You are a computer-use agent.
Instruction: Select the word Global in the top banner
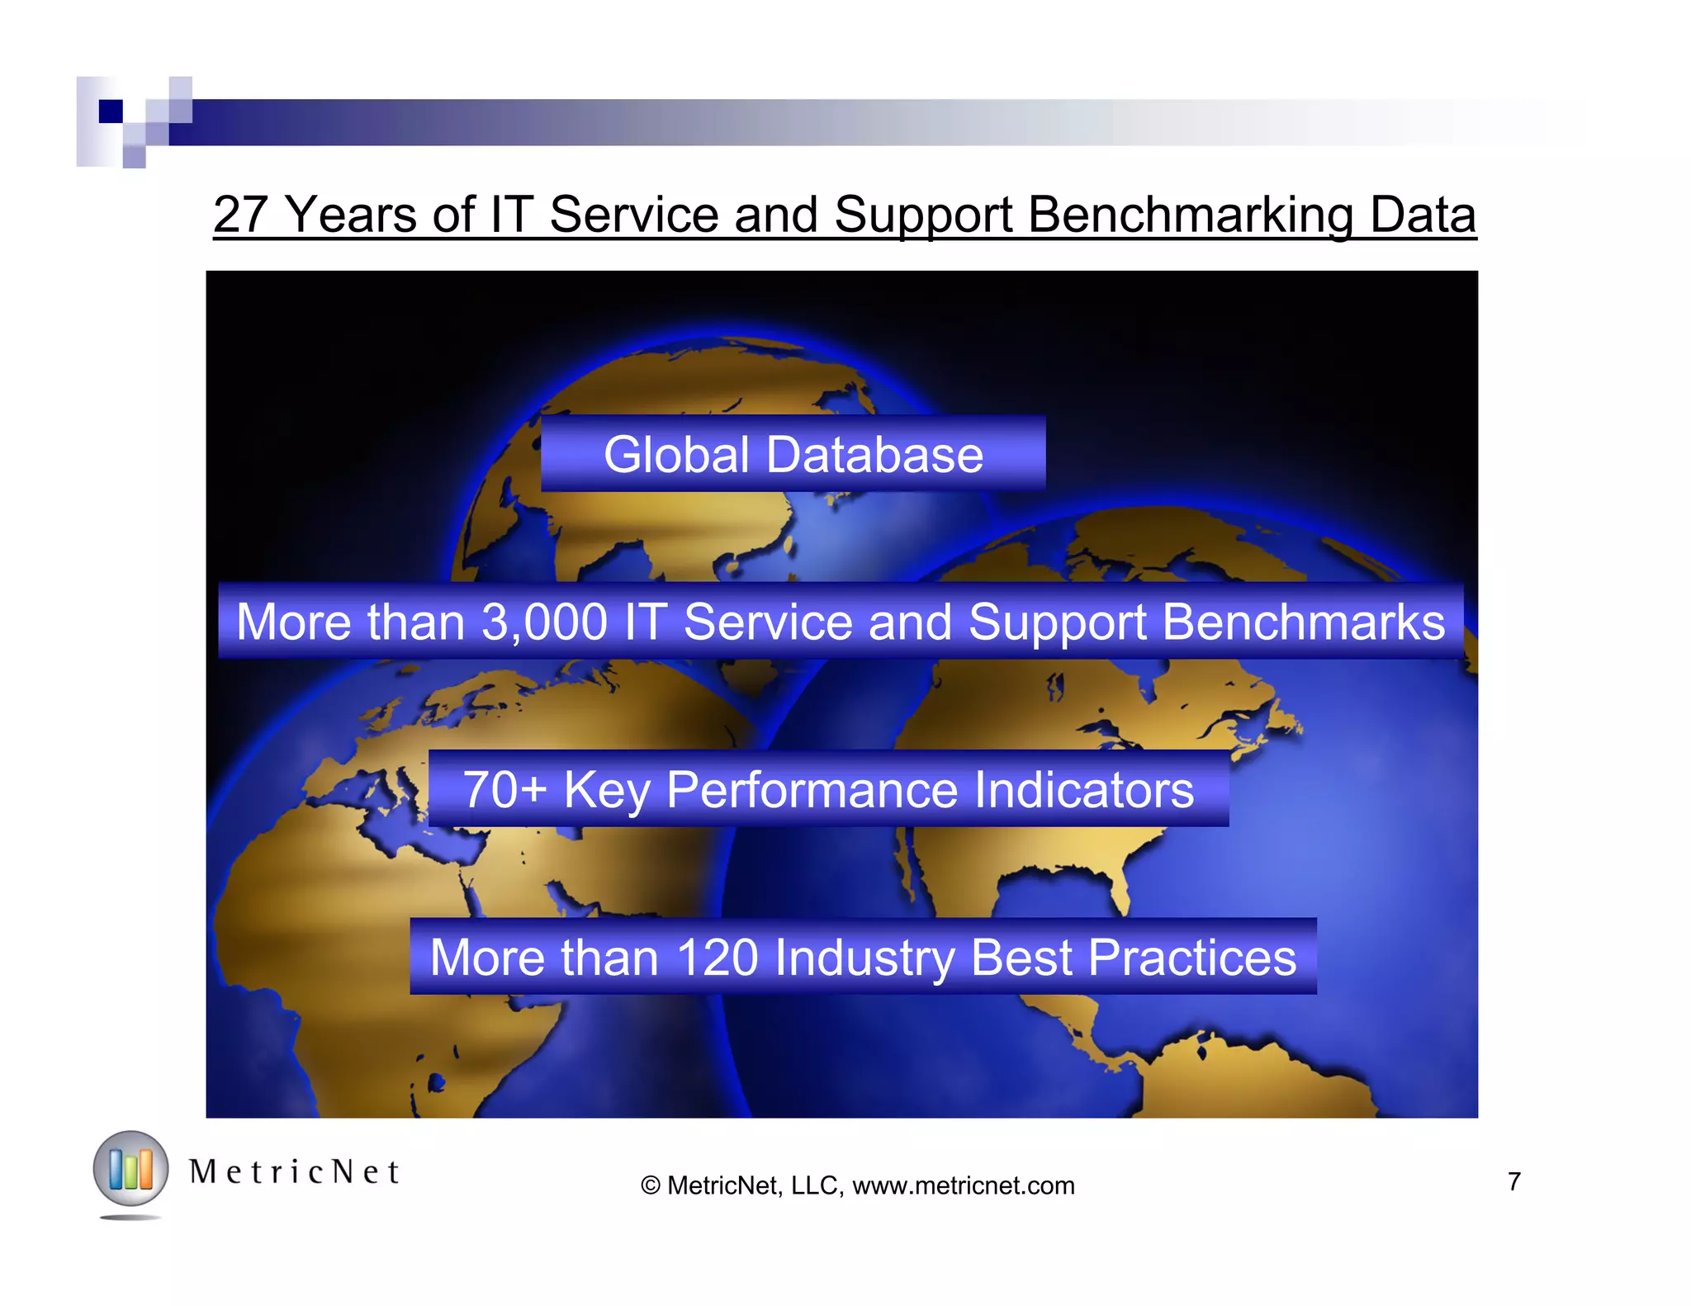(x=676, y=455)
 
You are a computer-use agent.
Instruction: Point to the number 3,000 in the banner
(x=545, y=622)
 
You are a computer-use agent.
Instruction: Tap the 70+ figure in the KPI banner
(x=504, y=789)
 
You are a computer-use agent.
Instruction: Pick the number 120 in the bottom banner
(x=717, y=958)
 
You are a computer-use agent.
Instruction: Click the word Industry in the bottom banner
(x=864, y=958)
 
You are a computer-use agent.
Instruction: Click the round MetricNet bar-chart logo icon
(x=130, y=1169)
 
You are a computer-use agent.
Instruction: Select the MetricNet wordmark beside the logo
(x=294, y=1171)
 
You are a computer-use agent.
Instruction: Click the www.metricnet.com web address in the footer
(x=964, y=1185)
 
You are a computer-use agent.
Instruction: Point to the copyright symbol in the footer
(x=651, y=1185)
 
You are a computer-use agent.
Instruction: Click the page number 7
(x=1513, y=1181)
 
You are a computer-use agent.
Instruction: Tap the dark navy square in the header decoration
(x=111, y=111)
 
